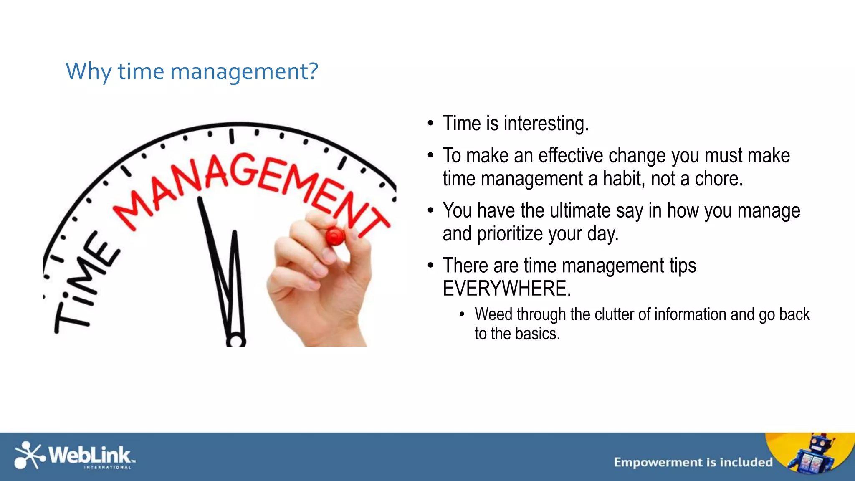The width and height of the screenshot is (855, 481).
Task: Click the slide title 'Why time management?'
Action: click(192, 72)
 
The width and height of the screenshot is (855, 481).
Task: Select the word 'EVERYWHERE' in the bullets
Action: click(506, 289)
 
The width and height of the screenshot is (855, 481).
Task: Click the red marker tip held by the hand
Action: click(335, 237)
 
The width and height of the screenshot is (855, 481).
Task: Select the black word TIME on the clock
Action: click(83, 284)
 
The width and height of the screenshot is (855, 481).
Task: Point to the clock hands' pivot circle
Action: click(236, 341)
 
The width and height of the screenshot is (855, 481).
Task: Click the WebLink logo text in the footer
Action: click(90, 454)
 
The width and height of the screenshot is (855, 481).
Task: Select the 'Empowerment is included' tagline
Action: click(693, 462)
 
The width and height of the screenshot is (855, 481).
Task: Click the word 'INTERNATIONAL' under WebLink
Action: click(108, 468)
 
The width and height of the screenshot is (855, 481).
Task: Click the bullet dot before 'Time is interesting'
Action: click(430, 124)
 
